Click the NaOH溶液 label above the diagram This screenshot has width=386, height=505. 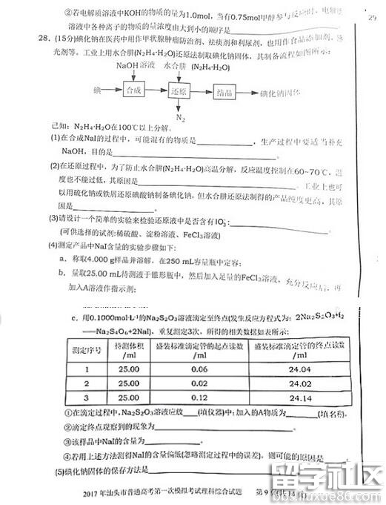tap(136, 67)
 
